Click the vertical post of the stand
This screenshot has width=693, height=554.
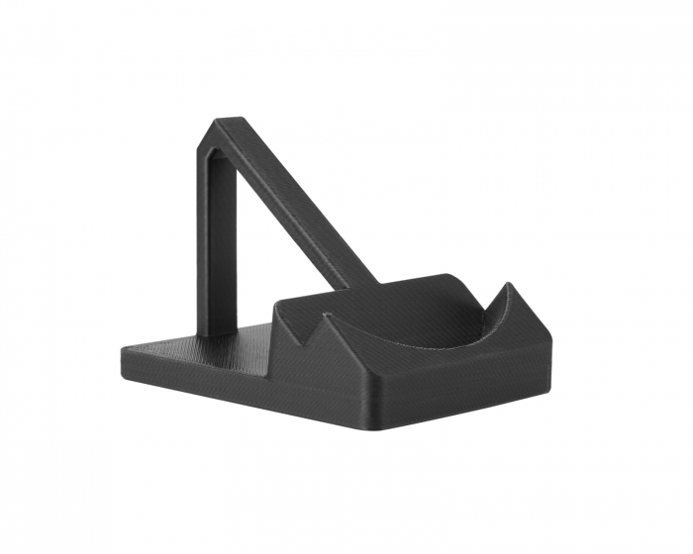(220, 247)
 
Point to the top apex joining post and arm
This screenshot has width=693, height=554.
(224, 126)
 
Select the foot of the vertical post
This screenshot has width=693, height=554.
(220, 332)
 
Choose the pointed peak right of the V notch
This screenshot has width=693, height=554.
(327, 315)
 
